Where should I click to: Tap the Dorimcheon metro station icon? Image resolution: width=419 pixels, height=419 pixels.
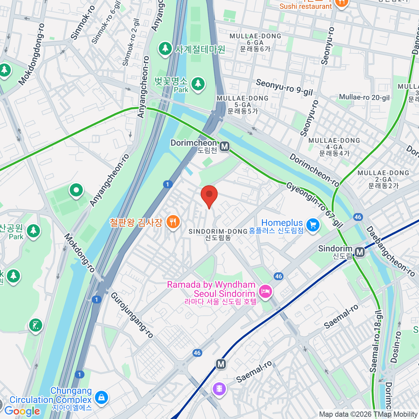(x=225, y=146)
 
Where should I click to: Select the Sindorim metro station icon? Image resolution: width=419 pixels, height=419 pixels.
(x=359, y=252)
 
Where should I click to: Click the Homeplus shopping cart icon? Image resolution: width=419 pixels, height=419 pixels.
(x=313, y=225)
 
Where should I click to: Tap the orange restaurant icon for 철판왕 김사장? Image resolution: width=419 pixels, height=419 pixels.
(x=173, y=222)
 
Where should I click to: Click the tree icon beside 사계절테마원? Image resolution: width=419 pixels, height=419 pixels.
(x=165, y=49)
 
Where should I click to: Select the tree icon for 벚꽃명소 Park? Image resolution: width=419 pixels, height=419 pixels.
(x=198, y=84)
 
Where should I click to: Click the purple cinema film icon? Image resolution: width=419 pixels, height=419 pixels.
(x=219, y=389)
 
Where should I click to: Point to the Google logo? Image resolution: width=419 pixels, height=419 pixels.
(x=22, y=411)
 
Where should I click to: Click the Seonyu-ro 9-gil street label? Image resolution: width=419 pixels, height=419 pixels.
(x=284, y=87)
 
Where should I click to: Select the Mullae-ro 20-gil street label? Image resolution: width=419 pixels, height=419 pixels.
(x=364, y=97)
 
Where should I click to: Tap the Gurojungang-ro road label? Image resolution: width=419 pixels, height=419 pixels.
(x=132, y=315)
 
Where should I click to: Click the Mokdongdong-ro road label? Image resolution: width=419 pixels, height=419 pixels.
(x=32, y=54)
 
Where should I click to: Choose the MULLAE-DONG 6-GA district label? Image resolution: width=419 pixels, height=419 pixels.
(x=255, y=42)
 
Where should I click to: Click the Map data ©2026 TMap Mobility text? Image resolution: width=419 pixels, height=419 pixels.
(x=368, y=414)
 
